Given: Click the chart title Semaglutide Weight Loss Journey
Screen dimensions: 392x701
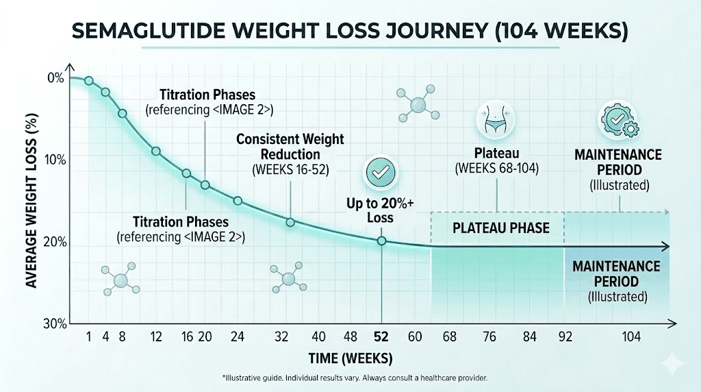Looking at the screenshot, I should pos(350,32).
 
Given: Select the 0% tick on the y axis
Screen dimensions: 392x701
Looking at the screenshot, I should pos(55,78).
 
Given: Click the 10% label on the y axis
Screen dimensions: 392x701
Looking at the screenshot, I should pos(53,160).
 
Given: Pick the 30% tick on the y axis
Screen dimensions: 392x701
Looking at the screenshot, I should pos(53,323).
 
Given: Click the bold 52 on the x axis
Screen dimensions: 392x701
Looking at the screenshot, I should pos(381,337).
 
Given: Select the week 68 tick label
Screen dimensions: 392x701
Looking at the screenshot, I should pos(449,337).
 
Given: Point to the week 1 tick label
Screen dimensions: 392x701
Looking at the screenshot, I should pos(89,337).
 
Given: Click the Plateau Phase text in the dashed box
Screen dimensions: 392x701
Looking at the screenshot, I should pos(501,228).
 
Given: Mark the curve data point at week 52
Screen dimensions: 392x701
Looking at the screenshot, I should pos(381,241).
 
